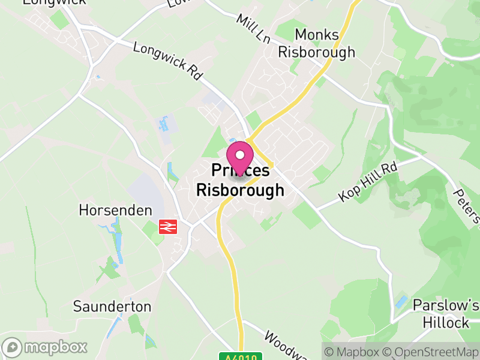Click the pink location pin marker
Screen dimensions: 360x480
240,157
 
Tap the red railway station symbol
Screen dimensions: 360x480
167,227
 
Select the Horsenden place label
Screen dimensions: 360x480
115,211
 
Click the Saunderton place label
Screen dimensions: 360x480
112,306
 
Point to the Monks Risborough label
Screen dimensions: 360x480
317,43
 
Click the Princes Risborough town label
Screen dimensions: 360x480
240,181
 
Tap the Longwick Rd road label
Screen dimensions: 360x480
167,61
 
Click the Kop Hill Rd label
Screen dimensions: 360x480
368,181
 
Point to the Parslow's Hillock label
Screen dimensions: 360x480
445,314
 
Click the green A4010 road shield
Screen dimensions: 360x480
242,356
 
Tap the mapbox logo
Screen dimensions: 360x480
45,347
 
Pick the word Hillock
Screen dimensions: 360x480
445,322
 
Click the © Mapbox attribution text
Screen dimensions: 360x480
355,351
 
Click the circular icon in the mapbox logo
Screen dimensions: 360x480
13,347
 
